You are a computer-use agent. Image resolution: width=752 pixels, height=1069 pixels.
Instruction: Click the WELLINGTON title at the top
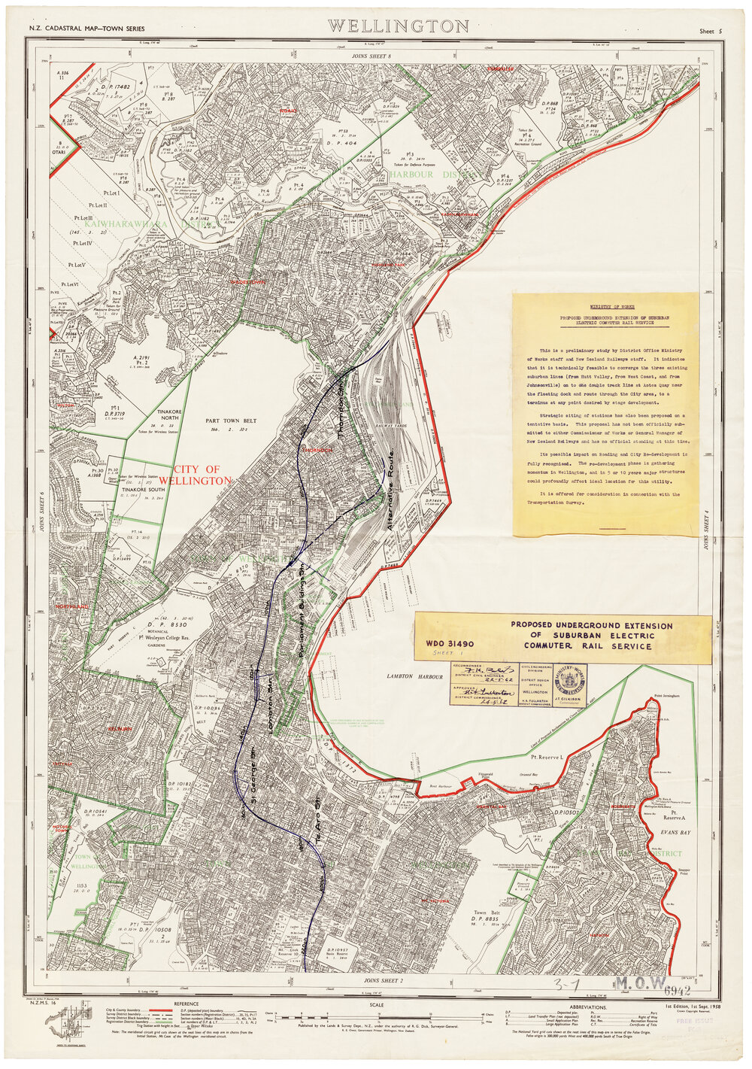click(x=399, y=27)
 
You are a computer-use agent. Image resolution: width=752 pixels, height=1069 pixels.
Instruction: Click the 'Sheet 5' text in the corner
click(x=710, y=32)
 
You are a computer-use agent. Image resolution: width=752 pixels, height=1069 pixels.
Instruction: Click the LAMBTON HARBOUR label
click(x=408, y=677)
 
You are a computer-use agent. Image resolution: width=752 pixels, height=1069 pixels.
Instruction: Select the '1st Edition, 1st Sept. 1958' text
click(x=693, y=1005)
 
